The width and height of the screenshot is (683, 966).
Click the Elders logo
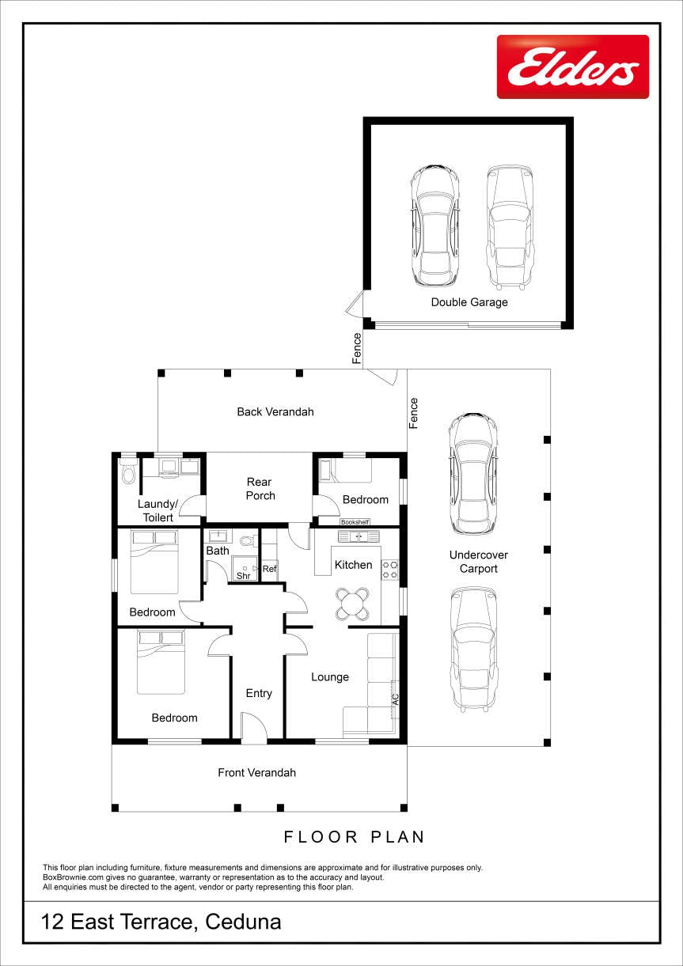click(x=573, y=66)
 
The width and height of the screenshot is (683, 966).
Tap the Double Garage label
click(x=469, y=302)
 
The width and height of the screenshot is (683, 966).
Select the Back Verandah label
click(x=275, y=412)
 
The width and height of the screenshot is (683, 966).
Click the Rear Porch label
click(x=260, y=489)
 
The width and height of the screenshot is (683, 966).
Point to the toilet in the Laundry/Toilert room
click(x=128, y=472)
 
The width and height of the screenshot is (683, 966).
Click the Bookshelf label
click(x=355, y=522)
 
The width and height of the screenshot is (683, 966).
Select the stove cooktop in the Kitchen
click(x=390, y=570)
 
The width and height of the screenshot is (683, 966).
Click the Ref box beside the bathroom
click(x=269, y=569)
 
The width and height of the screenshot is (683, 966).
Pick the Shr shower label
click(x=243, y=576)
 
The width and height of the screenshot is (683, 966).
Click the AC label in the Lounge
click(x=396, y=699)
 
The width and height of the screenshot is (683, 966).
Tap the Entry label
click(x=259, y=694)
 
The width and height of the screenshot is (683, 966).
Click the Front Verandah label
click(x=256, y=772)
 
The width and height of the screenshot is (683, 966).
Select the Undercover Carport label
click(x=479, y=562)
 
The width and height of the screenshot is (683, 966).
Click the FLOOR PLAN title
click(x=355, y=837)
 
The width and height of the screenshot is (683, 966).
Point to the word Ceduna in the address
click(x=243, y=922)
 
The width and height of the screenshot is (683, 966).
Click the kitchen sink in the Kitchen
click(x=359, y=536)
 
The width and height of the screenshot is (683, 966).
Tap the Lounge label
click(x=330, y=677)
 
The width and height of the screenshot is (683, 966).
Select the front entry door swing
click(x=254, y=727)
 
